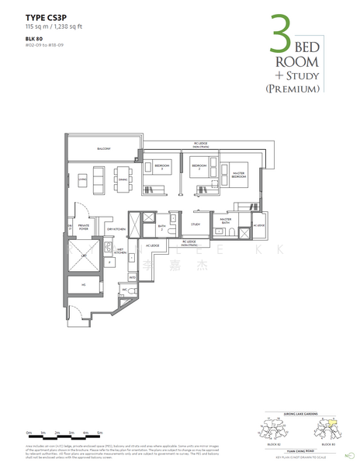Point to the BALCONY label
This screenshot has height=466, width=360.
coord(104,149)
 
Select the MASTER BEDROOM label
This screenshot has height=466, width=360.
coord(238,176)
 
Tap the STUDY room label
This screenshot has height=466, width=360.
coord(196,225)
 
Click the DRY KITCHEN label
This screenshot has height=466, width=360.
coord(116,229)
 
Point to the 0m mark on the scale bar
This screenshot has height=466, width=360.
coord(28,431)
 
